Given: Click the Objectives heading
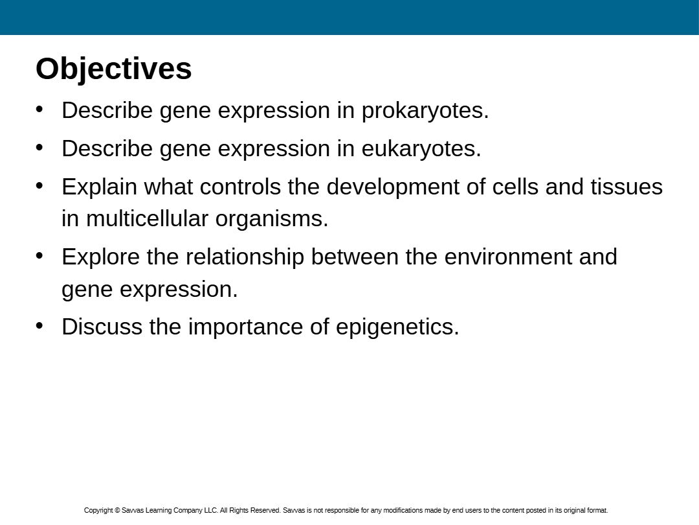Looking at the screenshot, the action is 114,69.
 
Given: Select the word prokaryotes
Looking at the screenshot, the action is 425,111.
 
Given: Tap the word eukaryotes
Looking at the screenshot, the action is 421,148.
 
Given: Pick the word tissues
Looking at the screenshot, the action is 627,187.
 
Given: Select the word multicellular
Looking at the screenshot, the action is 147,219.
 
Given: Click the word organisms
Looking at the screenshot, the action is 272,220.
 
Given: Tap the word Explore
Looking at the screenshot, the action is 101,257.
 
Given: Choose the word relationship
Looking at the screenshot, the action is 245,257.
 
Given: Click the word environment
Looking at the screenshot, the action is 508,257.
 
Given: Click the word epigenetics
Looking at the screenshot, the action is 397,327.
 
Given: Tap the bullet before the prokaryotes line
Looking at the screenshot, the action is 39,110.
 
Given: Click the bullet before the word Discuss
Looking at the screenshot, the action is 39,326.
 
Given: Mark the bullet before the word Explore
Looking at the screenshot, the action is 39,256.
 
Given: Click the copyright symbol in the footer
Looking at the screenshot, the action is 117,510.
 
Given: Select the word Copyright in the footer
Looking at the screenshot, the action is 98,510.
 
